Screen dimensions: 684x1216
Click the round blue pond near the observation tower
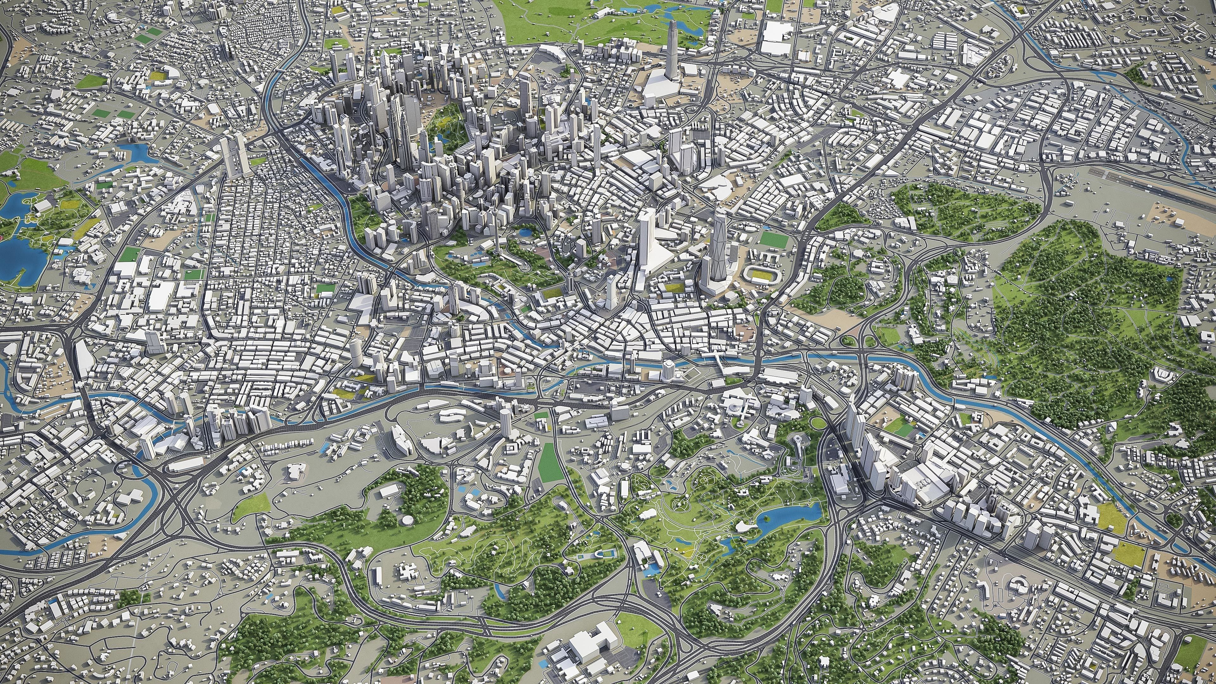pos(524,232)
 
